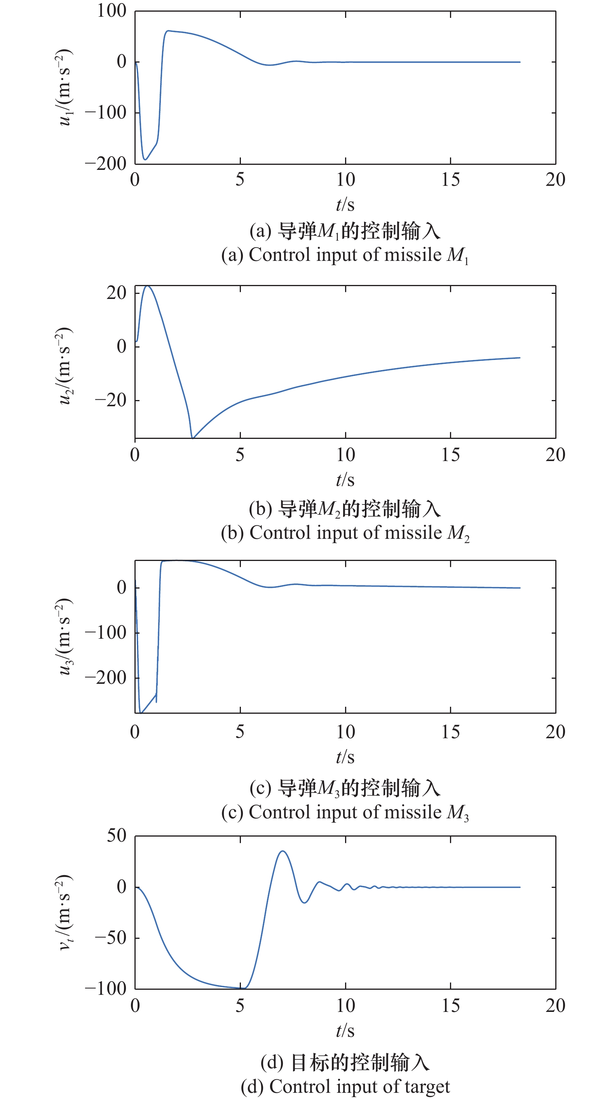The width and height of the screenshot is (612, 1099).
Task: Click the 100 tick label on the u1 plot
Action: (112, 11)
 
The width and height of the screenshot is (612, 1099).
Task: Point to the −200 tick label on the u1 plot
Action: (106, 164)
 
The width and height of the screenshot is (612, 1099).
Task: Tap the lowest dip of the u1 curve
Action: (145, 159)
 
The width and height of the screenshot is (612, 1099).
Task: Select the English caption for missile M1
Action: (345, 255)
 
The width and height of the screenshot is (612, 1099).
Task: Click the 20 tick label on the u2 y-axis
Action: (116, 293)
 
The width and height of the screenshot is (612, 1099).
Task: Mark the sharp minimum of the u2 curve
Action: (192, 438)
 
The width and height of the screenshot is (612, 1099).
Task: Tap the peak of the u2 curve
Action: (147, 286)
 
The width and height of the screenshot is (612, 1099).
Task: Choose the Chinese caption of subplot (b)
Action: (345, 509)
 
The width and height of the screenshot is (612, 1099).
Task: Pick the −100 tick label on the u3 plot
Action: (106, 633)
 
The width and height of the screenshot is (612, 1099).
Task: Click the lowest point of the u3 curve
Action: (141, 713)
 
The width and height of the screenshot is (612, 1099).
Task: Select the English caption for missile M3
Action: (345, 812)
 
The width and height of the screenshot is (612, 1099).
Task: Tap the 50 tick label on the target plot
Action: (116, 836)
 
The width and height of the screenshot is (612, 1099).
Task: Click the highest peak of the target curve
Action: (282, 851)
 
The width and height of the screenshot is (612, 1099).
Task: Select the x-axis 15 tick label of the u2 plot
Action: (450, 455)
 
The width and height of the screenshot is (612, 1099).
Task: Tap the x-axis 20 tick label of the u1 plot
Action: (555, 180)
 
